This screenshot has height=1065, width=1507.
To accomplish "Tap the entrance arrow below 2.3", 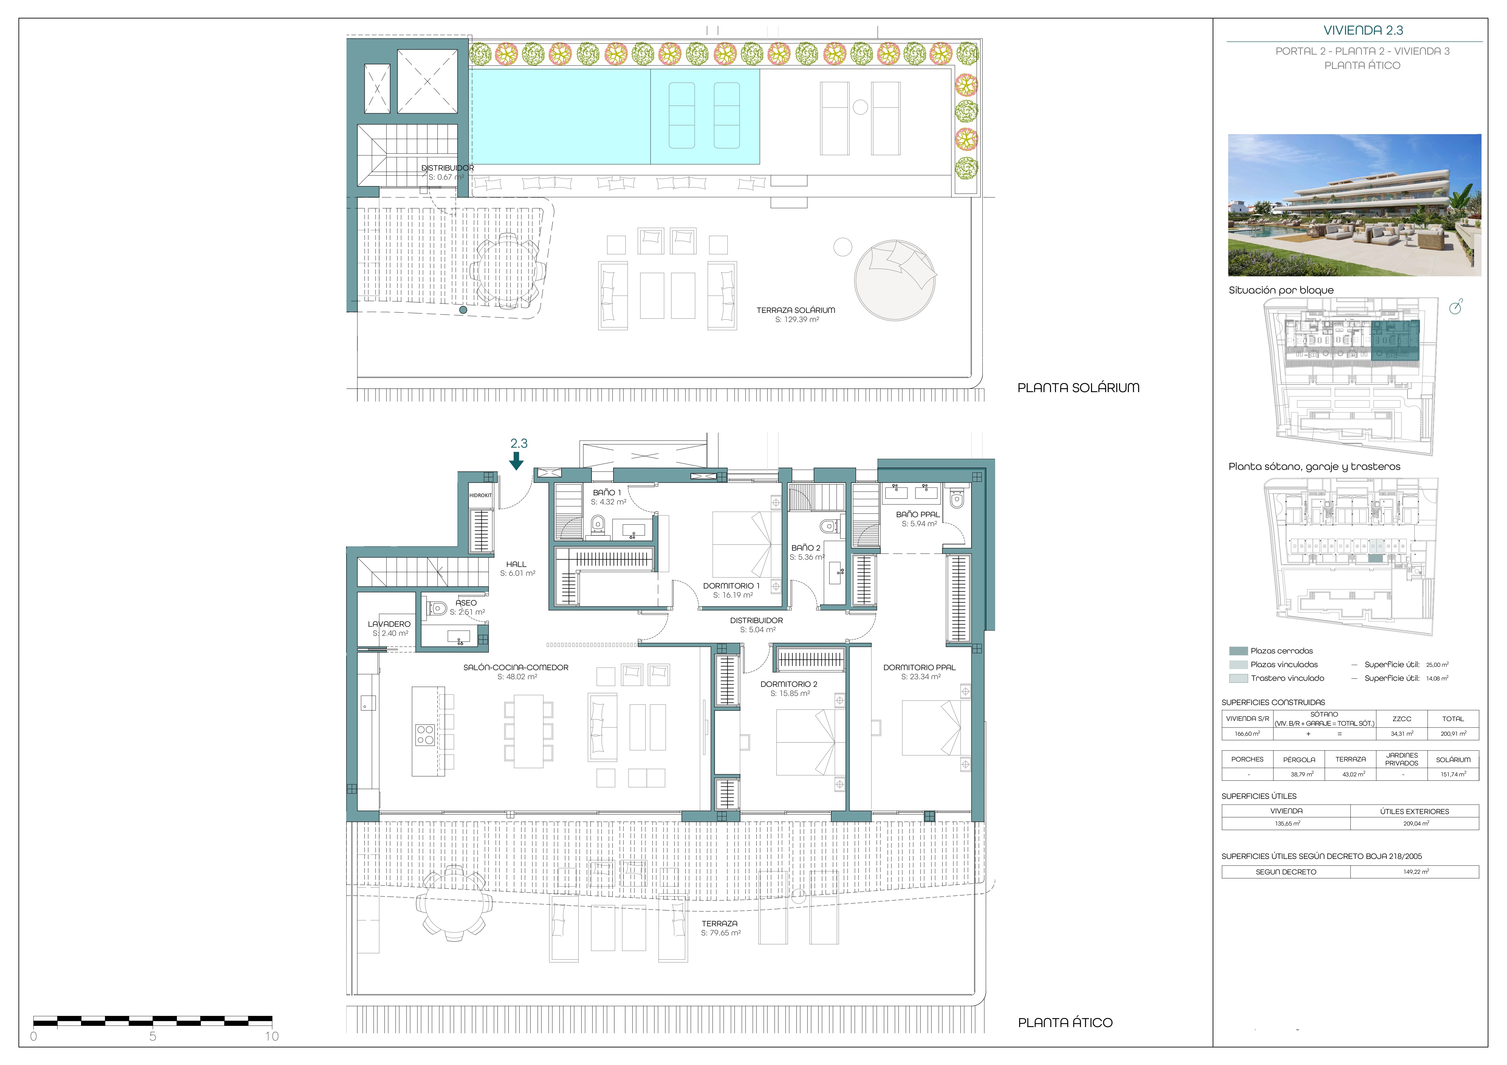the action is (517, 461).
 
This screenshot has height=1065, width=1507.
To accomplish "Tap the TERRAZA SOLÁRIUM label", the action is (796, 310).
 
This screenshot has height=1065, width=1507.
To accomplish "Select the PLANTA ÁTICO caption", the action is (1065, 1022).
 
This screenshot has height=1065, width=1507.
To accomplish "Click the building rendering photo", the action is (1355, 205).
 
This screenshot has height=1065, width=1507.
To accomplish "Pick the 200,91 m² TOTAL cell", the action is (1453, 733).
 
